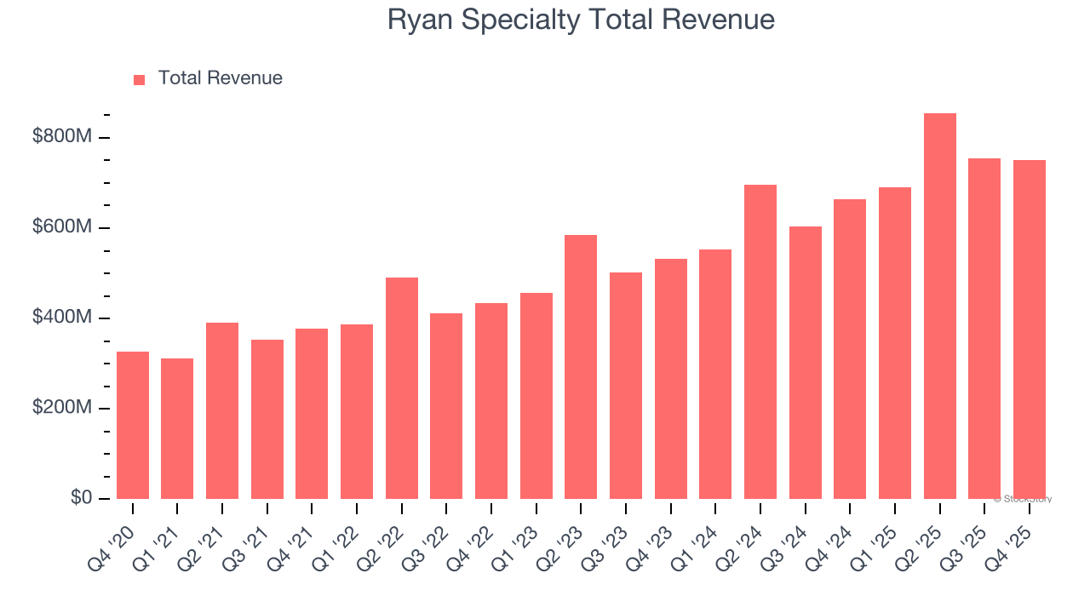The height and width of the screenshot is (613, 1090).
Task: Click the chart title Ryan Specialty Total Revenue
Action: click(581, 20)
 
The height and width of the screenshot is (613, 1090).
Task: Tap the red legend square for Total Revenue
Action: click(140, 79)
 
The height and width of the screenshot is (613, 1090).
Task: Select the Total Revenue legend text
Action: click(220, 78)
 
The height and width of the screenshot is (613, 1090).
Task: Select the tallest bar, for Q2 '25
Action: click(939, 306)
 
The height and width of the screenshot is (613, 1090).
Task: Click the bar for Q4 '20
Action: click(133, 426)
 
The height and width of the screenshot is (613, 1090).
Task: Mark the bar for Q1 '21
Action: click(177, 429)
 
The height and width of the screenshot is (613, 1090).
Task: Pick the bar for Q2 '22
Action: click(401, 388)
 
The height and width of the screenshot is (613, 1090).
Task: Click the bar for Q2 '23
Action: click(581, 367)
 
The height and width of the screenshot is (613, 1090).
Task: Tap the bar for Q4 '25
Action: click(1029, 329)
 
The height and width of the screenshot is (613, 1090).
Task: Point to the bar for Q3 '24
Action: click(805, 363)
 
